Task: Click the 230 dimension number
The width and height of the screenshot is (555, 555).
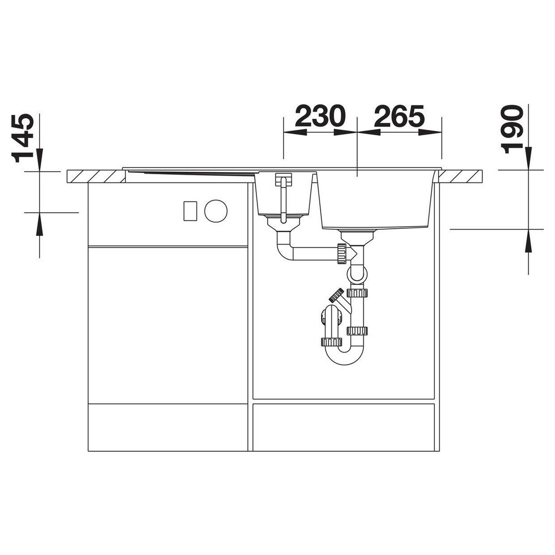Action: tap(320, 116)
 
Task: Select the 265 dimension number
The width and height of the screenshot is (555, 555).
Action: tap(399, 116)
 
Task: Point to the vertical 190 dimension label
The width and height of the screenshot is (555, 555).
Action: tap(512, 129)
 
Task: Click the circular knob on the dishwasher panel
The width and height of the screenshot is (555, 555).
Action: tap(215, 211)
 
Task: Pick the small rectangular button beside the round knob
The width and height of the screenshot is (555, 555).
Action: tap(190, 211)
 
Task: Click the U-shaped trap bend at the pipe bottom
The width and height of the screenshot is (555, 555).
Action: tap(344, 356)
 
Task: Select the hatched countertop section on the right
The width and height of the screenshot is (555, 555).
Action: tap(460, 176)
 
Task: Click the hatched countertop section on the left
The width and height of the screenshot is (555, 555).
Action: tap(96, 176)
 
